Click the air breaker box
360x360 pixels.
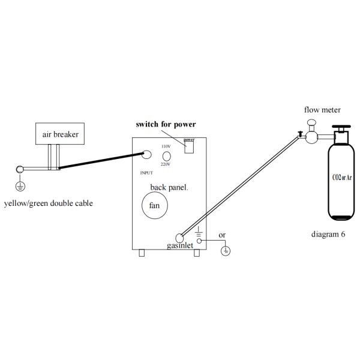click(x=60, y=134)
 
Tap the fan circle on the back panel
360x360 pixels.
click(x=155, y=205)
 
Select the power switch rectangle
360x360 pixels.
click(x=189, y=147)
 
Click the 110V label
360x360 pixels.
click(x=166, y=146)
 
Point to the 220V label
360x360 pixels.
click(x=166, y=164)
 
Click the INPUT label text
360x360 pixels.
click(x=146, y=173)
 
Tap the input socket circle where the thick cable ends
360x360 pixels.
click(x=146, y=155)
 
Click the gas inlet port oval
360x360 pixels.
click(x=179, y=238)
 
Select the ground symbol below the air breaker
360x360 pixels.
click(x=20, y=187)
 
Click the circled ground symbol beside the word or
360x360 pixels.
click(x=226, y=251)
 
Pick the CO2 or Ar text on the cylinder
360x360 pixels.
click(x=342, y=177)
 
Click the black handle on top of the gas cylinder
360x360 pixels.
click(x=341, y=127)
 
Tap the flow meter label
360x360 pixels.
click(x=322, y=110)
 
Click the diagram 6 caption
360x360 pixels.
click(x=328, y=234)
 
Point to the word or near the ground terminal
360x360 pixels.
click(x=222, y=235)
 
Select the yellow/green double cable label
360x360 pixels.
click(x=49, y=203)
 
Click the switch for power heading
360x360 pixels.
click(x=166, y=124)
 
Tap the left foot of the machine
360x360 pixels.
click(x=142, y=253)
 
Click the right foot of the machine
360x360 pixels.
click(x=197, y=253)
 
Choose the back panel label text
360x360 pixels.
click(x=169, y=187)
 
